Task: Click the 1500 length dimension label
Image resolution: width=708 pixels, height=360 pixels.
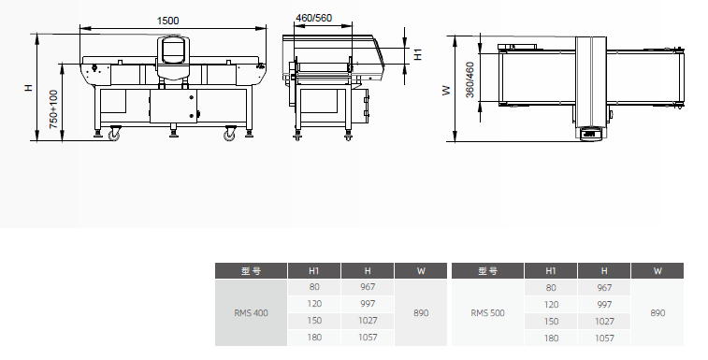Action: pos(167,21)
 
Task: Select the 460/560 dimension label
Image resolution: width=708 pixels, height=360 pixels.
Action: pos(313,18)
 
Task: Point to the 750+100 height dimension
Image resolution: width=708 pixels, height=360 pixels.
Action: pos(53,109)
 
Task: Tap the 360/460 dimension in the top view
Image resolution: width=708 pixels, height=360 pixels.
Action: pos(470,79)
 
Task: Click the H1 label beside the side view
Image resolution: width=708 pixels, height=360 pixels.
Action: pos(418,54)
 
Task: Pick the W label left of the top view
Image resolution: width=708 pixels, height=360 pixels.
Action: pos(446,91)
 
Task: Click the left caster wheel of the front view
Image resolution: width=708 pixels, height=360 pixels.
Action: pos(114,134)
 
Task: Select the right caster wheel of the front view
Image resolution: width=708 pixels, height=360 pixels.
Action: pos(230,134)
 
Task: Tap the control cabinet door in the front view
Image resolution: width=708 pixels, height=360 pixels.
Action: pos(173,106)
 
